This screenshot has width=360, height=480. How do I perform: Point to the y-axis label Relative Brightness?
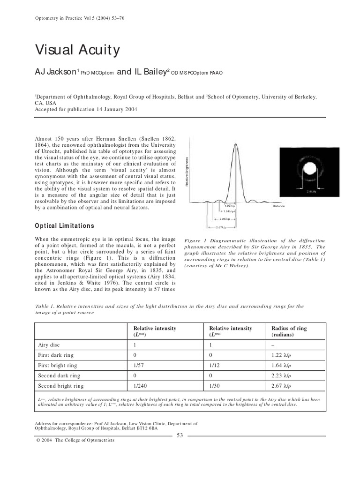coord(187,172)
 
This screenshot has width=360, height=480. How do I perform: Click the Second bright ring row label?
coord(60,386)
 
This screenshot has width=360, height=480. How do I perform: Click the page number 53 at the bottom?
coord(180,435)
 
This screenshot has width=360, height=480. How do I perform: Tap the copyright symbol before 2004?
coord(37,440)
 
